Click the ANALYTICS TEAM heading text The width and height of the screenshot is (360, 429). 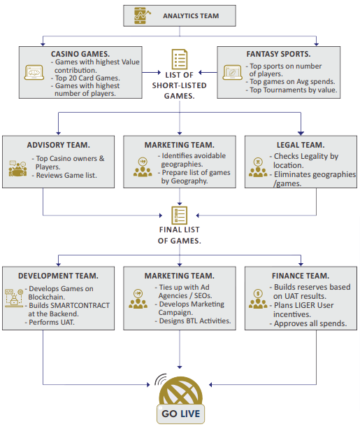(x=191, y=16)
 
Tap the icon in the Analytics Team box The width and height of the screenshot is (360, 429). (x=142, y=15)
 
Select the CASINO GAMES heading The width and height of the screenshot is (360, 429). (x=80, y=54)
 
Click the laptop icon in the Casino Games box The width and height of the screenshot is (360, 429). (x=34, y=73)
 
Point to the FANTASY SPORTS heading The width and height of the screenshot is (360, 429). (x=278, y=54)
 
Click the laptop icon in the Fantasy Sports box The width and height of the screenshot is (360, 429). (x=232, y=73)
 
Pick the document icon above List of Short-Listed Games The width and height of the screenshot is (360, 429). (x=180, y=59)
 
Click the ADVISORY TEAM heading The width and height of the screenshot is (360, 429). (x=58, y=145)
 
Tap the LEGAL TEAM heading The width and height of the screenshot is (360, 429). (x=301, y=145)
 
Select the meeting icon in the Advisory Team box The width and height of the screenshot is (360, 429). (x=17, y=168)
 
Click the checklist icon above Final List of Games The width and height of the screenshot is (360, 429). (x=180, y=216)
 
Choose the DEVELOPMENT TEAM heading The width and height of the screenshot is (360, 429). (x=58, y=276)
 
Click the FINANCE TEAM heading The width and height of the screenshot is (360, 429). (x=301, y=276)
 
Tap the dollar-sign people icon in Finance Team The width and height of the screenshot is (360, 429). (x=258, y=299)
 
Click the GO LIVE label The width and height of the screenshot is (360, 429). (x=180, y=414)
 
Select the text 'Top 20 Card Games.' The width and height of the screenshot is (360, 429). (x=87, y=78)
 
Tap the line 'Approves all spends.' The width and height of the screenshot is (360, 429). (x=310, y=323)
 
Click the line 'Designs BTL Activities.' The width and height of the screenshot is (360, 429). (x=195, y=321)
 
